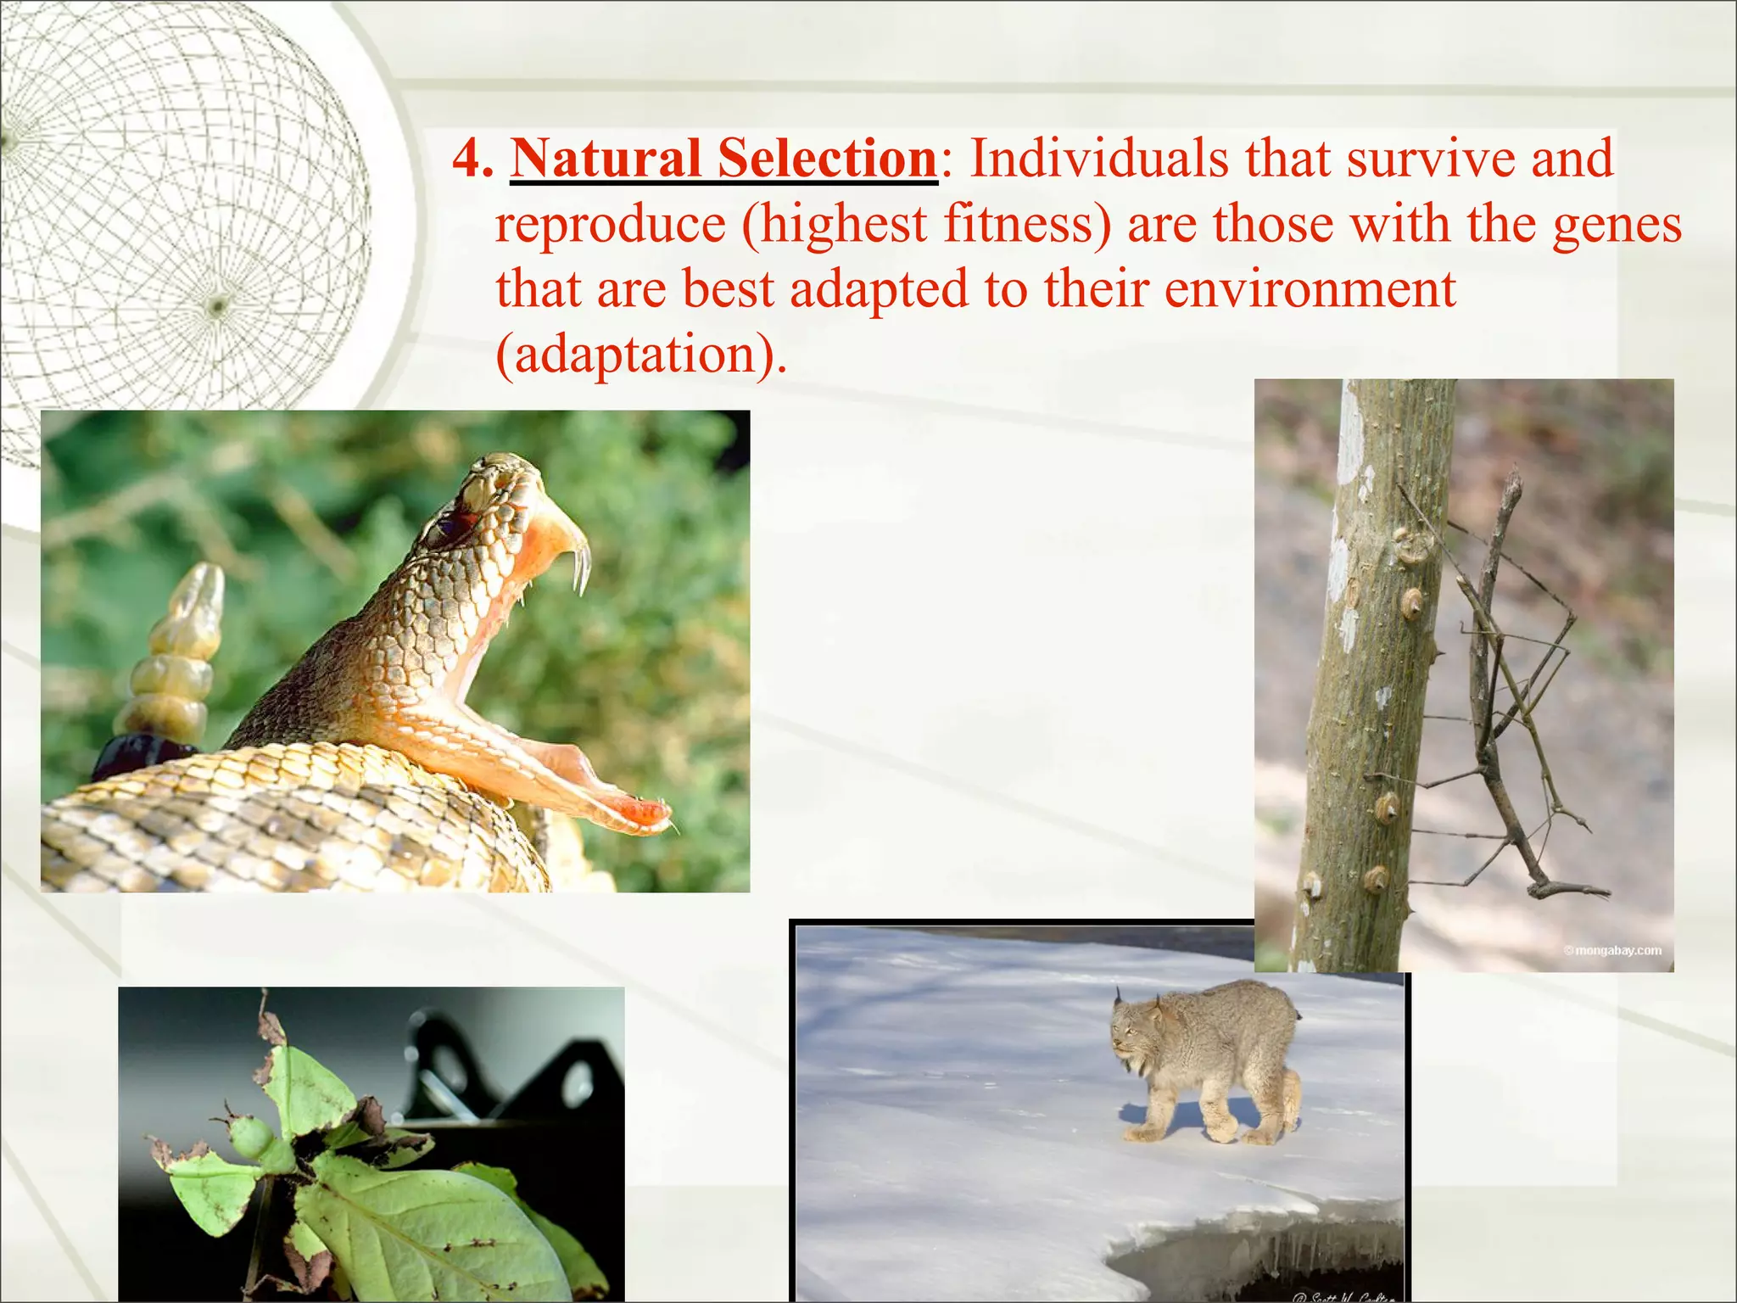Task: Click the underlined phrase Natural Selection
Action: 723,159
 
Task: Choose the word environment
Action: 1310,290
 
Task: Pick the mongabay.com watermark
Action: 1611,950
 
